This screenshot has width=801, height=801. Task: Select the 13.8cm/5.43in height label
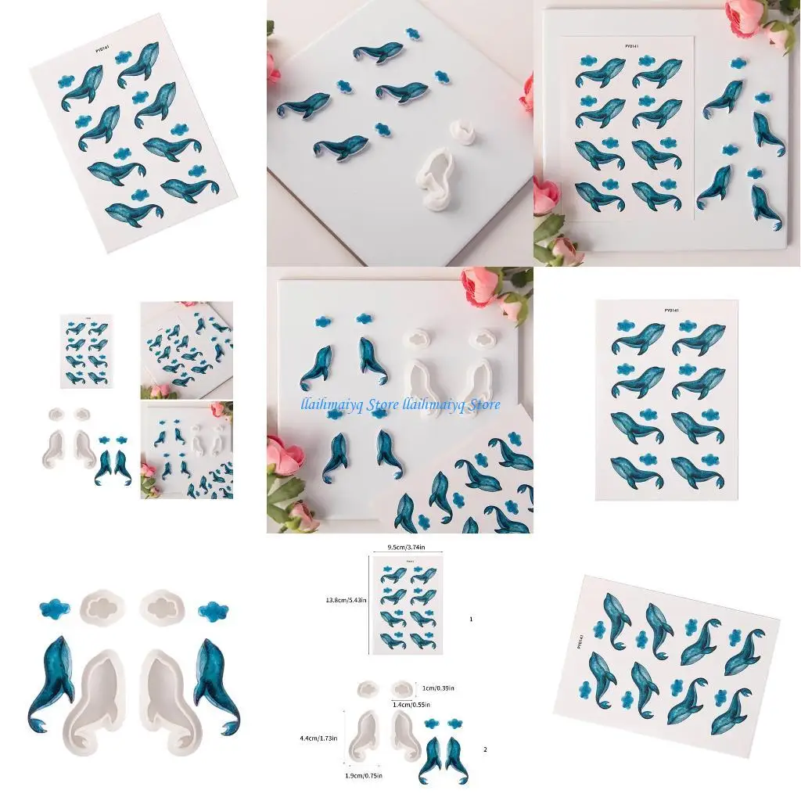click(345, 601)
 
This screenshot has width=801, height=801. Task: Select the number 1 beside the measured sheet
click(471, 618)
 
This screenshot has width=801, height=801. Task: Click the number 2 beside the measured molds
click(485, 749)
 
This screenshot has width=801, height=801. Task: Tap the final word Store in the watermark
click(478, 404)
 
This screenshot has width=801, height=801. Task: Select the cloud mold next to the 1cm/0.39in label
click(402, 688)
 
